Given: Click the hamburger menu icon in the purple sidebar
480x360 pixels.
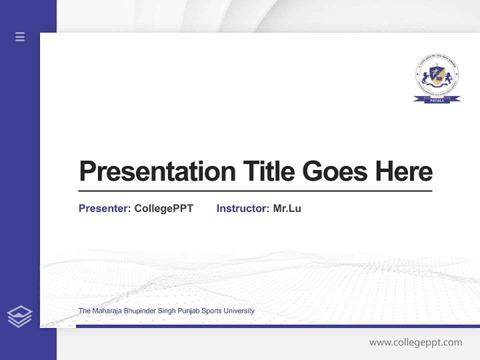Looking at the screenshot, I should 20,36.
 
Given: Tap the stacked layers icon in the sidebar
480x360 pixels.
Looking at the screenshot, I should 19,316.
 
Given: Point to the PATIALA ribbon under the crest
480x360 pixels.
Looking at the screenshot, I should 437,100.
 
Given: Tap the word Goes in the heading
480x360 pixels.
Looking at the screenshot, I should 335,171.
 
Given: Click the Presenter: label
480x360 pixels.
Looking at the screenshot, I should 104,208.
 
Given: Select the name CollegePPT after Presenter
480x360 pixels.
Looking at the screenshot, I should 164,208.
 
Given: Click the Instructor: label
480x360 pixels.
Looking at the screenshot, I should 242,208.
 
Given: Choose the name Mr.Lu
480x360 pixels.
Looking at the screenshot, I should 287,208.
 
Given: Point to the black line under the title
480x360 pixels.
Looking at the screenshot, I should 255,191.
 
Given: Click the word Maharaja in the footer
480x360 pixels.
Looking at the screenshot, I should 105,311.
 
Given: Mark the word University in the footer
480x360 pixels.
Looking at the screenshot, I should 239,311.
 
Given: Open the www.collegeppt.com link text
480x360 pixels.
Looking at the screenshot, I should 415,342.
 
